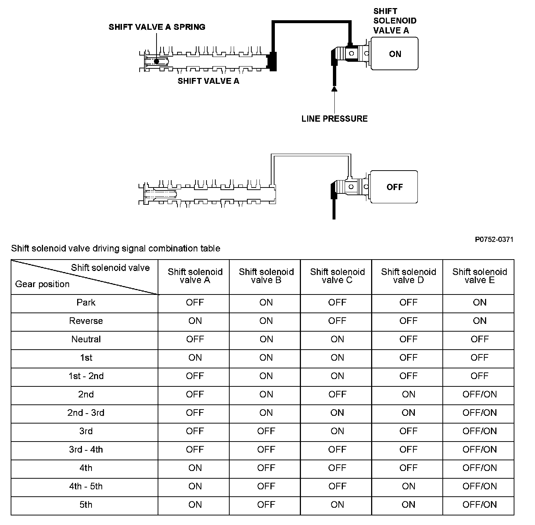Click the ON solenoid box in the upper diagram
395,54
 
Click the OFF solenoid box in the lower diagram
394,187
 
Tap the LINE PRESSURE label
334,118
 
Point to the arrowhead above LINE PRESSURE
334,88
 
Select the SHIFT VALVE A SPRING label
157,27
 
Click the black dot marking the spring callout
157,61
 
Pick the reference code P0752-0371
494,240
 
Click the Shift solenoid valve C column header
337,276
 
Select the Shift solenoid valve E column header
480,276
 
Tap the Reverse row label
86,321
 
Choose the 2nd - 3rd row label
86,413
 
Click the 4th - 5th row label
86,486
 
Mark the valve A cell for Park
195,303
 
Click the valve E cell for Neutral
480,339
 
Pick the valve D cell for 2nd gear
408,394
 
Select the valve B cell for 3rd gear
266,431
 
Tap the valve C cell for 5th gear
337,505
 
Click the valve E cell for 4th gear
480,468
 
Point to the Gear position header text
42,284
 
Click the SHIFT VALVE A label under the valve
208,81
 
